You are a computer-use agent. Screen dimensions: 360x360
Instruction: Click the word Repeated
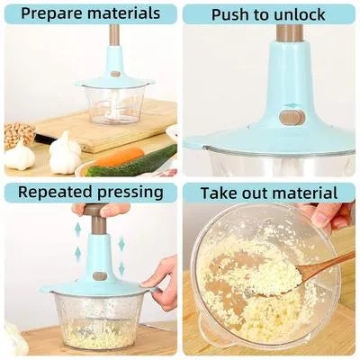49,193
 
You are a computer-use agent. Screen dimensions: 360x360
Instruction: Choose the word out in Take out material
260,193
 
